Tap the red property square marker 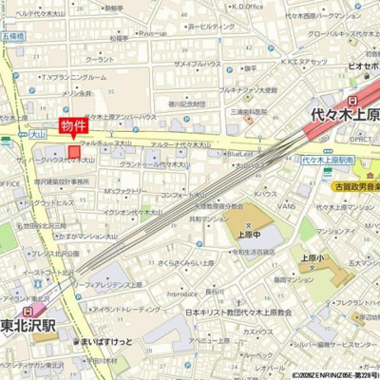pyautogui.click(x=74, y=150)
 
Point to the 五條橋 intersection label pyautogui.click(x=14, y=35)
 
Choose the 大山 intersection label pyautogui.click(x=37, y=136)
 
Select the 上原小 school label pyautogui.click(x=313, y=256)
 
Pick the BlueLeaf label pyautogui.click(x=238, y=151)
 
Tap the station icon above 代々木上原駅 pyautogui.click(x=353, y=98)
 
